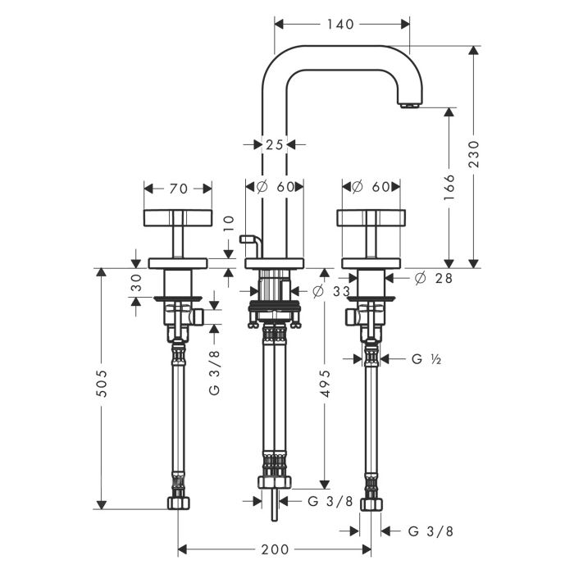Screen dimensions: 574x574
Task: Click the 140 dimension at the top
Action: click(339, 25)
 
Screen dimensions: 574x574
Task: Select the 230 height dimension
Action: click(484, 154)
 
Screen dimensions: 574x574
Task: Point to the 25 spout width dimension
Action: click(274, 144)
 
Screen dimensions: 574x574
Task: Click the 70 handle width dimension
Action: click(178, 189)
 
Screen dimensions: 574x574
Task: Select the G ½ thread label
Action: click(426, 358)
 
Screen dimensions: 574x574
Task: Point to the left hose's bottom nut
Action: click(178, 502)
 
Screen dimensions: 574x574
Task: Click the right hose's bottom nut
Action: click(371, 502)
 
